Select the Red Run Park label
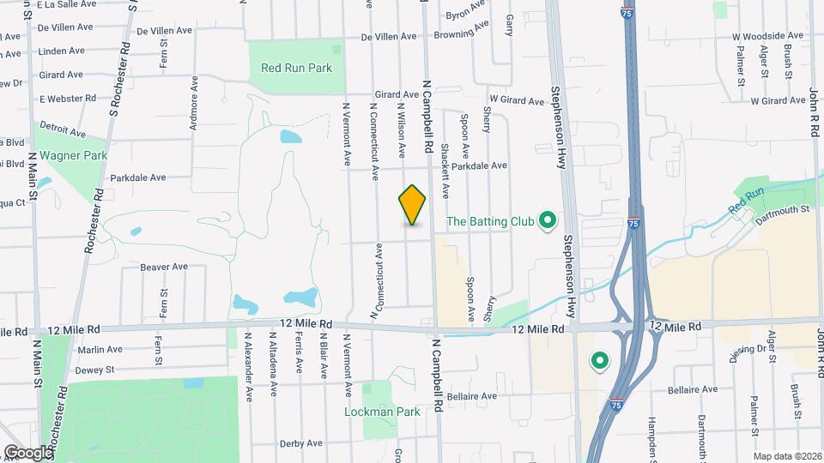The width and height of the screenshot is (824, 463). [x=296, y=68]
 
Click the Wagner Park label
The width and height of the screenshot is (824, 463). [x=73, y=155]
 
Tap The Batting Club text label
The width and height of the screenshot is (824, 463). [x=490, y=222]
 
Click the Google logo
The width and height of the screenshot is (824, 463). [x=28, y=452]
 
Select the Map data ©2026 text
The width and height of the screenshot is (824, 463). [x=787, y=457]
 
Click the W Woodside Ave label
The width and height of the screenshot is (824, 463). [x=767, y=37]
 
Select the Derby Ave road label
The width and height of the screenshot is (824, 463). [x=300, y=443]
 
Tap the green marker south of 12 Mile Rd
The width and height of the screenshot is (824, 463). [x=600, y=362]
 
